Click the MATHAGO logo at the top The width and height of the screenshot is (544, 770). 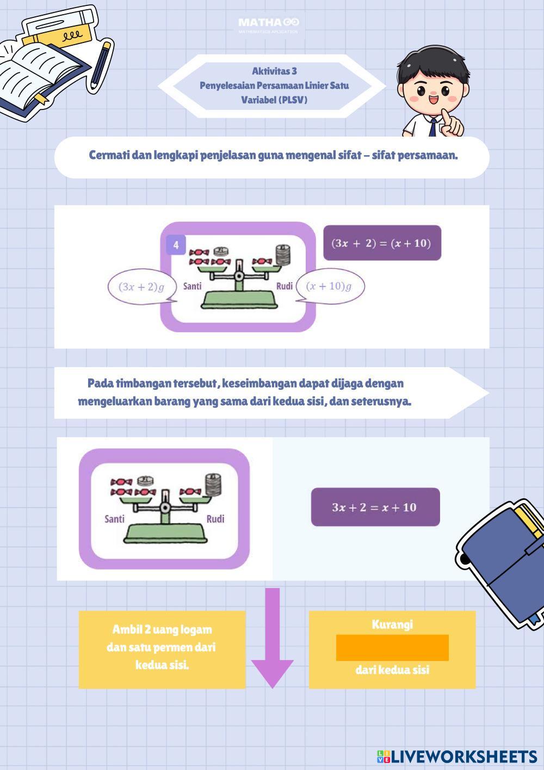pyautogui.click(x=268, y=23)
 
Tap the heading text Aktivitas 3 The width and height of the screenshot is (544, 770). pyautogui.click(x=274, y=71)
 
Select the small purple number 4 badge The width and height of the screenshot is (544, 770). pyautogui.click(x=176, y=245)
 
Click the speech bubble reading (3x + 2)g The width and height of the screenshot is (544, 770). pyautogui.click(x=141, y=287)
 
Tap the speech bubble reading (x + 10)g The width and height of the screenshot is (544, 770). pyautogui.click(x=329, y=286)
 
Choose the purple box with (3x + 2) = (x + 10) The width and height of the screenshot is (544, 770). pyautogui.click(x=382, y=243)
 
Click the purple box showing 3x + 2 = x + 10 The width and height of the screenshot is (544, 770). pyautogui.click(x=375, y=507)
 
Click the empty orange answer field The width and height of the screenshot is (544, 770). pyautogui.click(x=392, y=647)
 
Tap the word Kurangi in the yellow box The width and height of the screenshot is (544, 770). pyautogui.click(x=392, y=624)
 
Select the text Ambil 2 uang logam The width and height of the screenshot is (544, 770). pyautogui.click(x=162, y=630)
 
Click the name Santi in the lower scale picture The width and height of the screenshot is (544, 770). pyautogui.click(x=114, y=518)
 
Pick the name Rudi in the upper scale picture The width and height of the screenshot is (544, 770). pyautogui.click(x=285, y=286)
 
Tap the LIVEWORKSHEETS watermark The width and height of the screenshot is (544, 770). pyautogui.click(x=457, y=756)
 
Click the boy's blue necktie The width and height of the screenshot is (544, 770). pyautogui.click(x=432, y=127)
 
